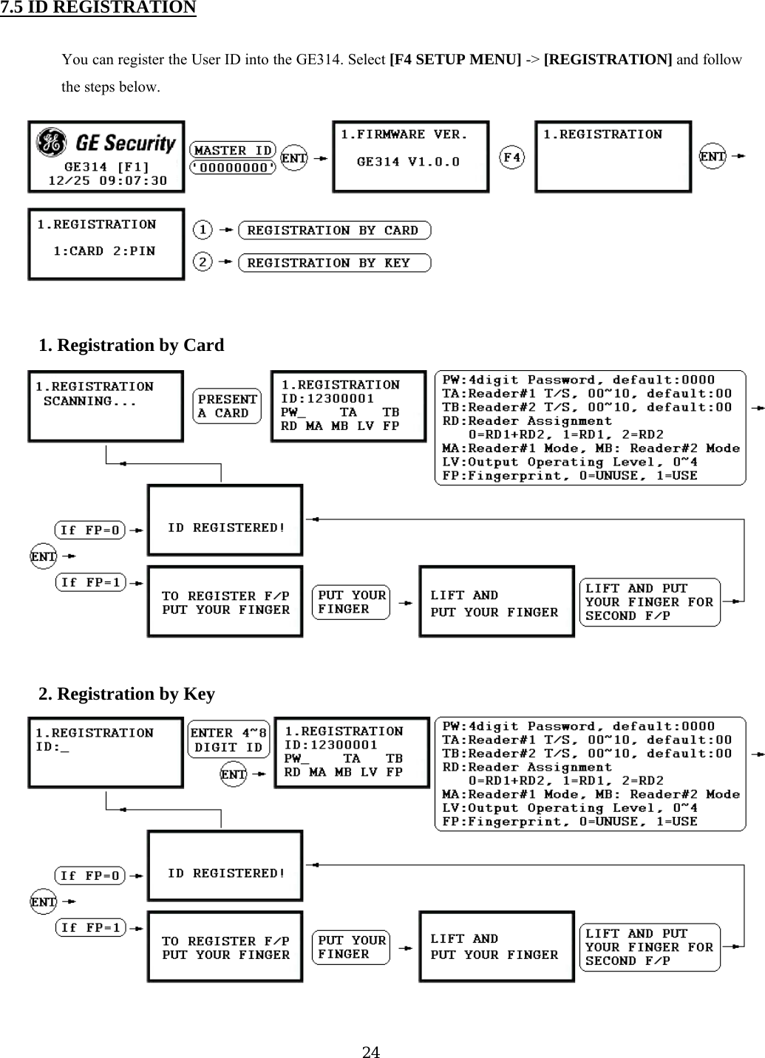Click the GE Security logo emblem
coord(52,143)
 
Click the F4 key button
coord(512,157)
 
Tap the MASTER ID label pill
coord(233,150)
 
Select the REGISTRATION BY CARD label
coord(334,231)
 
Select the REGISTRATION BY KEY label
coord(334,263)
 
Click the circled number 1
coord(203,230)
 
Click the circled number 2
coord(203,262)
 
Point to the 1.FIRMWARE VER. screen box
coord(410,157)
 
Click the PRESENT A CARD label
coord(228,406)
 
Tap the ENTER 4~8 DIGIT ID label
coord(228,740)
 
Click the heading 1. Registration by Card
coord(131,345)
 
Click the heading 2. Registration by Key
coord(126,694)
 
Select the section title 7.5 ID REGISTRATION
coord(98,8)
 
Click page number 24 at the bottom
coord(371,1051)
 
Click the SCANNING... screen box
coord(106,406)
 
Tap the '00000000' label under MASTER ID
coord(233,168)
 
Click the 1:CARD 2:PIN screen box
coord(106,244)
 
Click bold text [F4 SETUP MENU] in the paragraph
coord(455,59)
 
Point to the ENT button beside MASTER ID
coord(294,157)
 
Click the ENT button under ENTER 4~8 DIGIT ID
coord(234,774)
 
